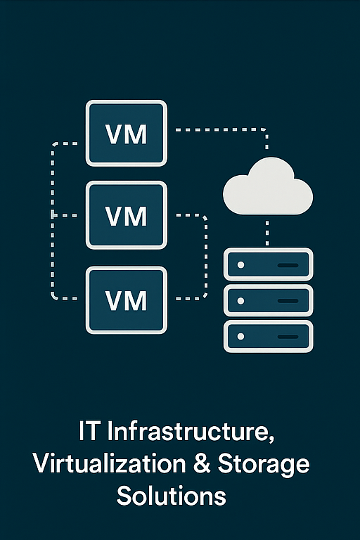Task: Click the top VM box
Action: click(x=127, y=134)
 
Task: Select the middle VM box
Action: click(x=127, y=215)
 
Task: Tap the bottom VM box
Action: click(x=127, y=300)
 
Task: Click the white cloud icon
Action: click(x=268, y=186)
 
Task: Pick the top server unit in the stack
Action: click(x=269, y=264)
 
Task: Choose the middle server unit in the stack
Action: click(x=269, y=300)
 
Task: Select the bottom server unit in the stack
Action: click(x=269, y=336)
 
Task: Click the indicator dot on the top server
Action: click(x=240, y=265)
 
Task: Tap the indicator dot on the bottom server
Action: click(x=240, y=336)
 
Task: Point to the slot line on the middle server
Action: click(x=288, y=301)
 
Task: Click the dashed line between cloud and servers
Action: click(x=267, y=233)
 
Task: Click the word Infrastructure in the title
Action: click(x=191, y=431)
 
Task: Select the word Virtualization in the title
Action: click(x=110, y=463)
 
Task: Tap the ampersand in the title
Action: click(x=202, y=463)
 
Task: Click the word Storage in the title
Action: click(x=264, y=465)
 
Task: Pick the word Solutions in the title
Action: click(x=172, y=496)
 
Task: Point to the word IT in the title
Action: click(x=89, y=431)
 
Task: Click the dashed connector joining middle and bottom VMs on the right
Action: click(x=206, y=257)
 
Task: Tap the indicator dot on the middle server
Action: click(x=240, y=301)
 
